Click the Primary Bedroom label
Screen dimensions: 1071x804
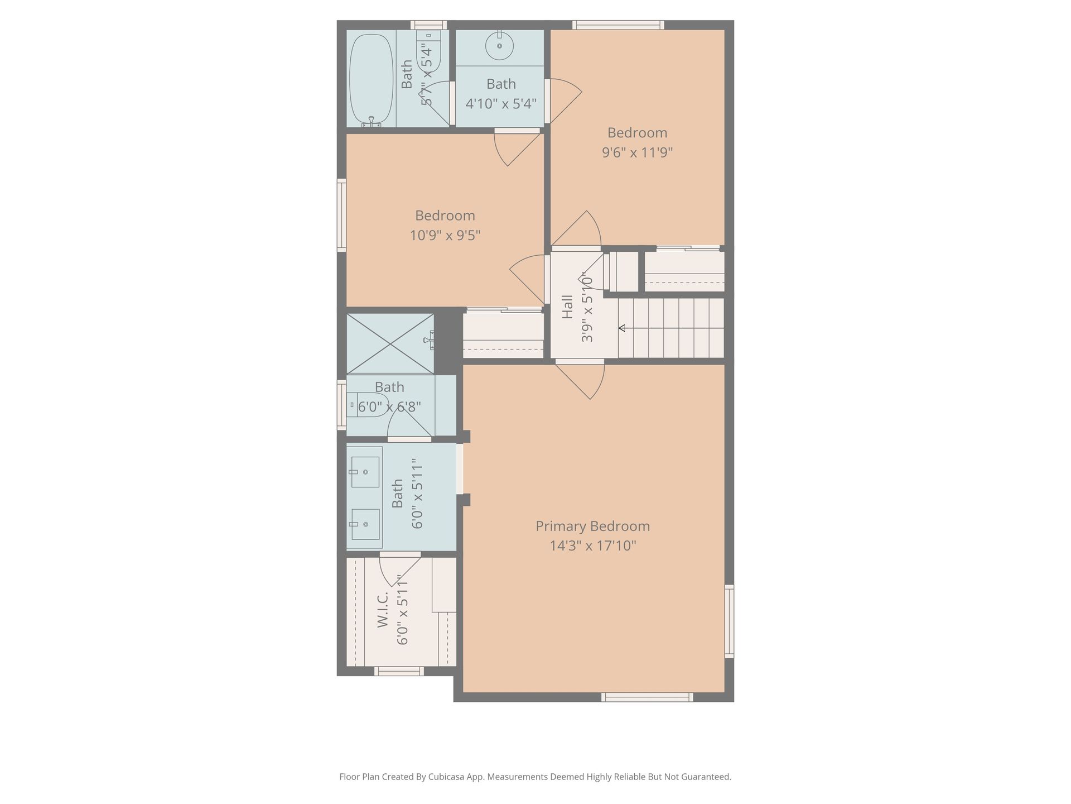coord(592,526)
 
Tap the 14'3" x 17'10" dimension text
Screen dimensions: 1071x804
coord(592,545)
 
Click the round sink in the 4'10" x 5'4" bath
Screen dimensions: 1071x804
coord(499,46)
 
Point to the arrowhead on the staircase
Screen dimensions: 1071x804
coord(621,328)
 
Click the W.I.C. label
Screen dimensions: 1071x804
coord(383,611)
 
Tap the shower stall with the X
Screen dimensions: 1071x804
coord(390,343)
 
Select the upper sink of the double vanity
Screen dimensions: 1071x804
coord(365,472)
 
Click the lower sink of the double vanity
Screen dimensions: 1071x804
coord(365,524)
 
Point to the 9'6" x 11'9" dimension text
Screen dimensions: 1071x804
coord(637,152)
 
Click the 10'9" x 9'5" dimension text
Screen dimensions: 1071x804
coord(445,235)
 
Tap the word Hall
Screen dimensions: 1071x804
coord(567,307)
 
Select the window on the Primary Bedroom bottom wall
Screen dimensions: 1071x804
coord(647,697)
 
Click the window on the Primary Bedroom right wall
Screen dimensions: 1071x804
coord(729,621)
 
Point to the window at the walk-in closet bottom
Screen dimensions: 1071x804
coord(399,671)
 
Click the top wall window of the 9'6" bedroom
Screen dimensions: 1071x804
coord(618,25)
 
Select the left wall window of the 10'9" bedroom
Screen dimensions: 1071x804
coord(341,215)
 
